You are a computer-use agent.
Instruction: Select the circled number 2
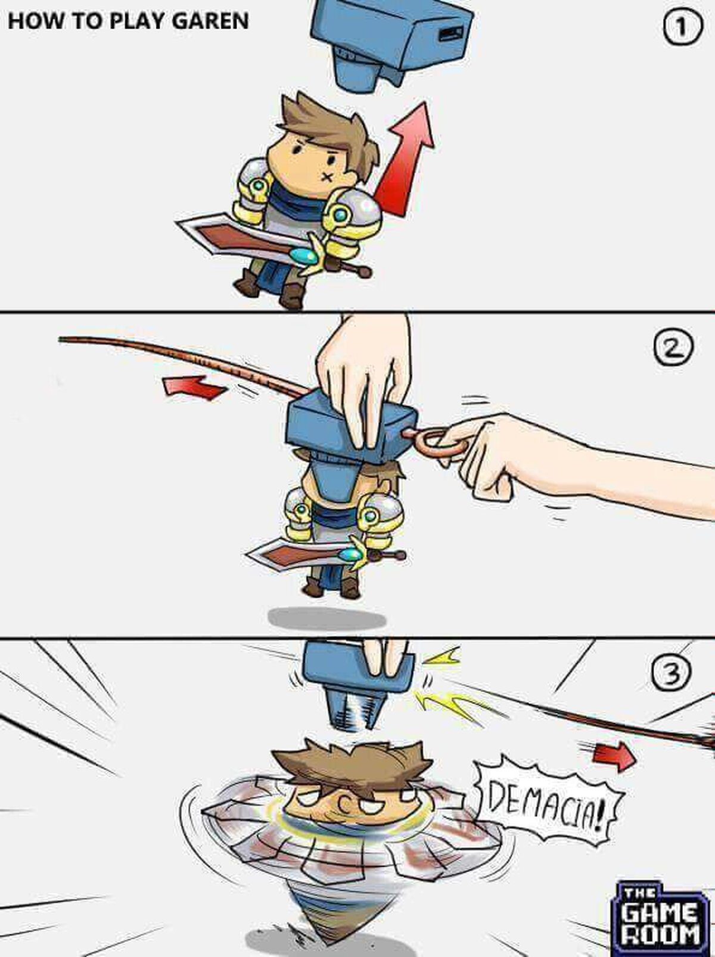(673, 347)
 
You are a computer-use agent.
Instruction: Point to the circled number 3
(672, 673)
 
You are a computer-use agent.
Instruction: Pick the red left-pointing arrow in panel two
(195, 387)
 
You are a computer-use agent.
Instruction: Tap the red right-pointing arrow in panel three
(613, 756)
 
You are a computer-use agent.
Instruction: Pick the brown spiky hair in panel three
(352, 762)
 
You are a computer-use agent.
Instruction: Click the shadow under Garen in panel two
(327, 618)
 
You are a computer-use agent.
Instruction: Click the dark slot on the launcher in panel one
(452, 33)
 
